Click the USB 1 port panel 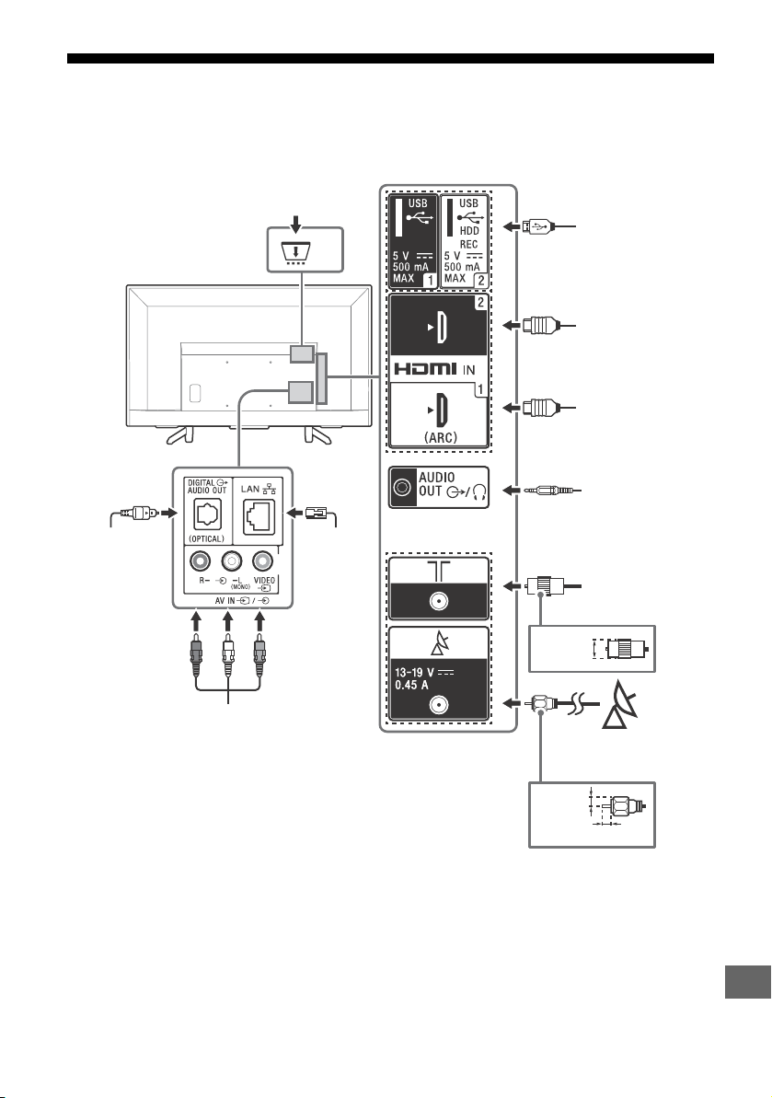pyautogui.click(x=413, y=241)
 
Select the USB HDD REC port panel pyautogui.click(x=464, y=241)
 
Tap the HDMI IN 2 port pyautogui.click(x=438, y=326)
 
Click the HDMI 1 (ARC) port pyautogui.click(x=438, y=414)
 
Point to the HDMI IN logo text pyautogui.click(x=434, y=369)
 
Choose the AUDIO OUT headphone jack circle pyautogui.click(x=402, y=488)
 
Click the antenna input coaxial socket pyautogui.click(x=439, y=601)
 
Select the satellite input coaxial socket pyautogui.click(x=439, y=704)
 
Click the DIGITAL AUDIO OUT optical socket pyautogui.click(x=207, y=516)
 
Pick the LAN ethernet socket pyautogui.click(x=259, y=516)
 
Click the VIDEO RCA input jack pyautogui.click(x=262, y=561)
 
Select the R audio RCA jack pyautogui.click(x=201, y=561)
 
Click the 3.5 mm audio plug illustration pyautogui.click(x=553, y=491)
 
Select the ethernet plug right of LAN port pyautogui.click(x=316, y=513)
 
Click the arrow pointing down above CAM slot pyautogui.click(x=296, y=224)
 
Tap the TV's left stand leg pyautogui.click(x=179, y=434)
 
